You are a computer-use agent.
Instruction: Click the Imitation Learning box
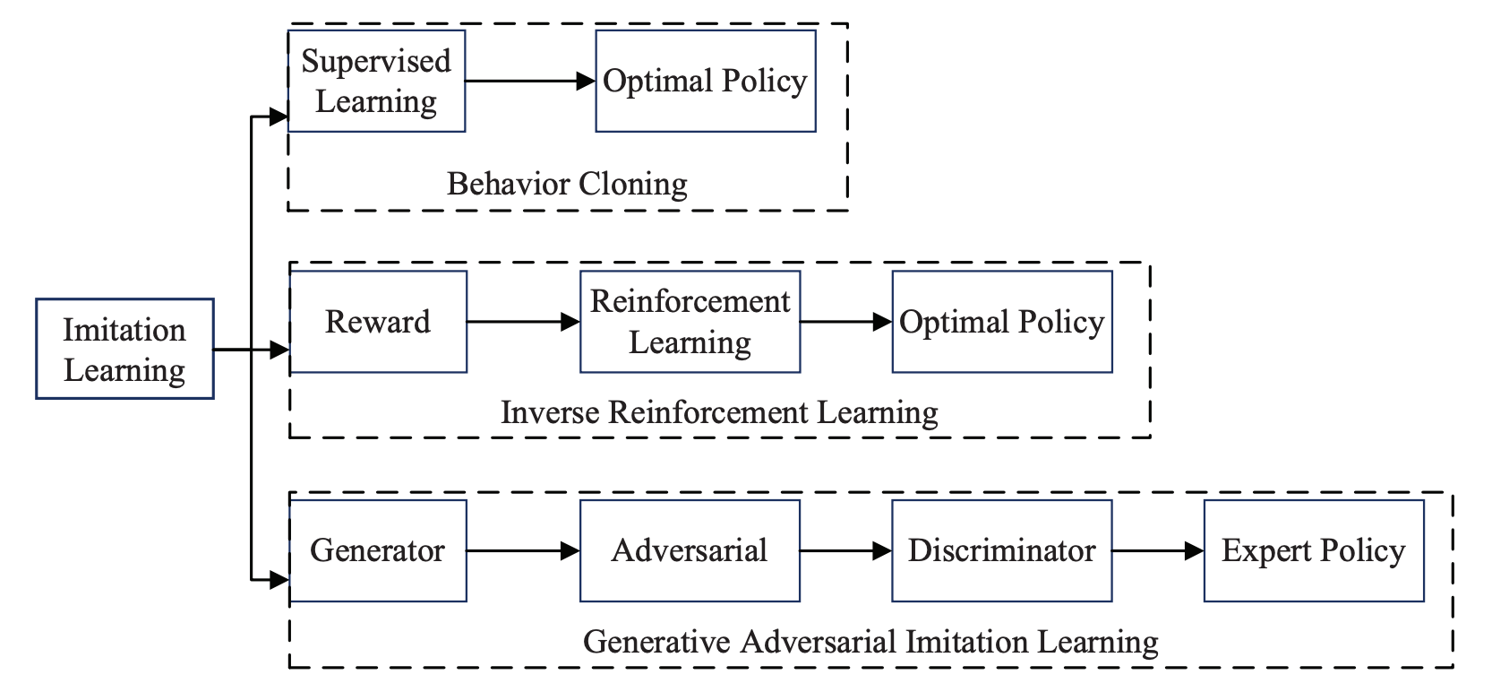pos(124,349)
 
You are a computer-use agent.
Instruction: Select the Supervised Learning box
pos(376,81)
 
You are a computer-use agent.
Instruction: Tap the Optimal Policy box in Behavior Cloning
pos(705,81)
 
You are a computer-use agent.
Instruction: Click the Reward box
pos(378,321)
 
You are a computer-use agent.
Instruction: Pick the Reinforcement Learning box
pos(690,321)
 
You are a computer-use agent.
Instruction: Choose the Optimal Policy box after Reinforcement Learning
pos(1001,321)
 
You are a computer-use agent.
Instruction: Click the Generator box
pos(378,550)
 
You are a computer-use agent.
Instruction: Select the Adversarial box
pos(690,550)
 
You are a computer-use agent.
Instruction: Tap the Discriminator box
pos(1001,550)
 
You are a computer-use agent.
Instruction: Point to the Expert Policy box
pos(1313,550)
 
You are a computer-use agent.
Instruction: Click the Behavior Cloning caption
pos(567,184)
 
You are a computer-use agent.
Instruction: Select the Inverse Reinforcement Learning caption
pos(719,412)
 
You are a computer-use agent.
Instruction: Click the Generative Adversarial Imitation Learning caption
pos(870,642)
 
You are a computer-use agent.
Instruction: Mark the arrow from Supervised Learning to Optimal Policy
pos(530,81)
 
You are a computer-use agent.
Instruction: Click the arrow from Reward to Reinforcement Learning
pos(523,321)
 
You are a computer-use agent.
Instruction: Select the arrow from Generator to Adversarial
pos(523,550)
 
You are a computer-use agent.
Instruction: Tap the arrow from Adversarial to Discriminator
pos(845,550)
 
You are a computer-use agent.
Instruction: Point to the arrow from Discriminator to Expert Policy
pos(1157,550)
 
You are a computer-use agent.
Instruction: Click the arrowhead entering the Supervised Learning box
pos(279,116)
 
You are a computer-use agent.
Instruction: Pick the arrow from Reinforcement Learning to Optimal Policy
pos(845,321)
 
